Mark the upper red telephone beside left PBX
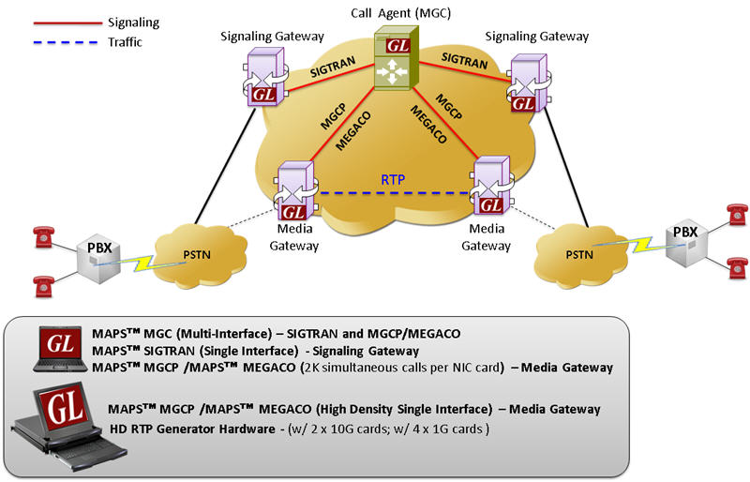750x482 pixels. [40, 234]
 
